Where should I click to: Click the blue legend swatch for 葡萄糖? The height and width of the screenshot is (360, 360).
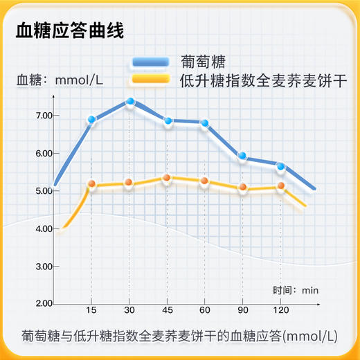tap(150, 62)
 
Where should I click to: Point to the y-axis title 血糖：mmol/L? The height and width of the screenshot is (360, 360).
tap(60, 80)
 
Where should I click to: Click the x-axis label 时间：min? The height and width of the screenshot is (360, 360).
tap(294, 289)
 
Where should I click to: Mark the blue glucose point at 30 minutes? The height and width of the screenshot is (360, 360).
tap(129, 102)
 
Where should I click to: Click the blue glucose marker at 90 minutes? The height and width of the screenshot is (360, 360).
tap(242, 156)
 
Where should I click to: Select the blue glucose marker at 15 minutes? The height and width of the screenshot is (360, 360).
tap(91, 120)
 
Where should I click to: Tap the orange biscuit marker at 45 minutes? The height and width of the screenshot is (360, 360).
tap(167, 178)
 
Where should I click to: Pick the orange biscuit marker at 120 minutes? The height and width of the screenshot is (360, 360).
tap(280, 186)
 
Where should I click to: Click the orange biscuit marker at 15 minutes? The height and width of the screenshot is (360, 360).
tap(91, 184)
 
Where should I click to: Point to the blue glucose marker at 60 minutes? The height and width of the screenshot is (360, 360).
tap(205, 123)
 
